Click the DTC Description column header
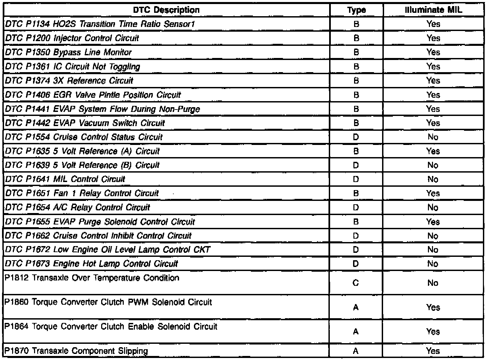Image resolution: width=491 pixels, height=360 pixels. pyautogui.click(x=166, y=10)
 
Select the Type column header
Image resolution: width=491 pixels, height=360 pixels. pyautogui.click(x=356, y=10)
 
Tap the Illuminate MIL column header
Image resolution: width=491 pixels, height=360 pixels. pyautogui.click(x=433, y=10)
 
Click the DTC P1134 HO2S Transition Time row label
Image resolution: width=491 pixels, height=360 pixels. pyautogui.click(x=100, y=24)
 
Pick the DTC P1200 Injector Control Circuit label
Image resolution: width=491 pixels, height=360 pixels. pyautogui.click(x=72, y=38)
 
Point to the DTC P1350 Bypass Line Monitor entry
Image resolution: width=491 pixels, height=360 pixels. pyautogui.click(x=68, y=52)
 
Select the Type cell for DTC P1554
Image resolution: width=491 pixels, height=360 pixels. pyautogui.click(x=356, y=137)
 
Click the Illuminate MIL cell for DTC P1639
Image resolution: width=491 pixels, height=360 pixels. pyautogui.click(x=433, y=165)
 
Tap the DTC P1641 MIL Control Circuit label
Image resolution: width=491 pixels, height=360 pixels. pyautogui.click(x=65, y=179)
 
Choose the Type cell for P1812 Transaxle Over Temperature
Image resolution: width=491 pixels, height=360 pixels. pyautogui.click(x=356, y=283)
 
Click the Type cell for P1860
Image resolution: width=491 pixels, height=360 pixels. pyautogui.click(x=356, y=307)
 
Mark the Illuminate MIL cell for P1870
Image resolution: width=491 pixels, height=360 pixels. pyautogui.click(x=433, y=351)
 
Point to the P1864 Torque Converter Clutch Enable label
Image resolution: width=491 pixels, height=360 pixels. pyautogui.click(x=111, y=327)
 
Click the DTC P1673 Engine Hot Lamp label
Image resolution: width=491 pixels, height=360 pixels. pyautogui.click(x=91, y=264)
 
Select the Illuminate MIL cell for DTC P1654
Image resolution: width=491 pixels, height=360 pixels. pyautogui.click(x=433, y=208)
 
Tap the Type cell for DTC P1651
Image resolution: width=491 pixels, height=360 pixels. pyautogui.click(x=356, y=193)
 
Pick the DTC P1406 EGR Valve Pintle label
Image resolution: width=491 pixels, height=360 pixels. pyautogui.click(x=93, y=95)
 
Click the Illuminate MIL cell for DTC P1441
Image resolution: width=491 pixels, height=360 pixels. pyautogui.click(x=433, y=109)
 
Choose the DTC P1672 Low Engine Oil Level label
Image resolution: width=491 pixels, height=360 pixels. pyautogui.click(x=108, y=250)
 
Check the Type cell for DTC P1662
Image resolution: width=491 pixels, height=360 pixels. pyautogui.click(x=356, y=236)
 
